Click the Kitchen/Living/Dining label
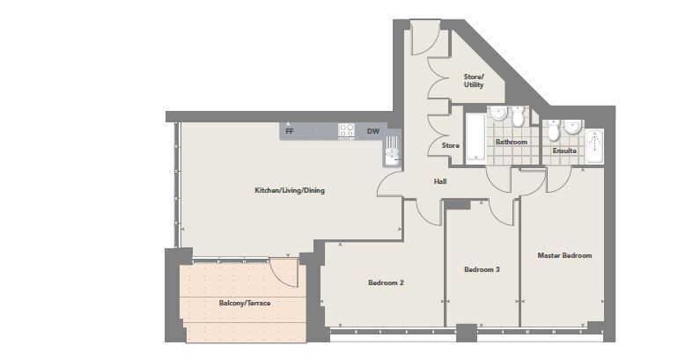click(x=290, y=190)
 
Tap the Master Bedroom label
click(x=564, y=255)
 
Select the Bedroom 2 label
click(x=387, y=283)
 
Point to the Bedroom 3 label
click(x=483, y=269)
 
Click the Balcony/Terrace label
click(x=245, y=303)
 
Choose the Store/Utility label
click(x=474, y=81)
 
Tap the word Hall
click(x=440, y=181)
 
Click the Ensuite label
click(x=564, y=151)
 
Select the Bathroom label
click(x=512, y=142)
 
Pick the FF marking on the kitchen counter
click(x=290, y=131)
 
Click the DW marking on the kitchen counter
click(x=373, y=131)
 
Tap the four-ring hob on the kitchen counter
click(x=346, y=131)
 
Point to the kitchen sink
click(x=392, y=151)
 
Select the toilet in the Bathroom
click(x=518, y=116)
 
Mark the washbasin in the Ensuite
click(x=572, y=127)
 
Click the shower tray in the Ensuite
click(x=594, y=146)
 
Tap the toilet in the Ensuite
click(x=554, y=129)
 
